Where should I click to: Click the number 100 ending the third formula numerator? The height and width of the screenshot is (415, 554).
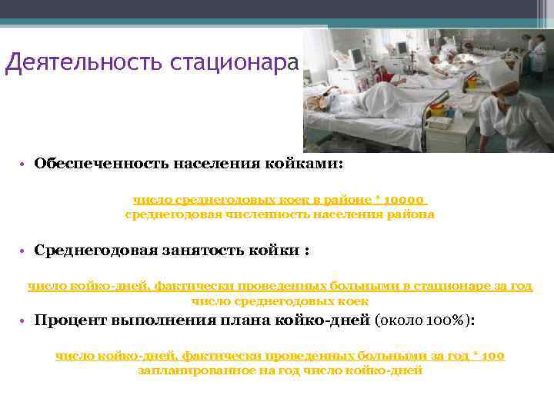click(494, 357)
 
